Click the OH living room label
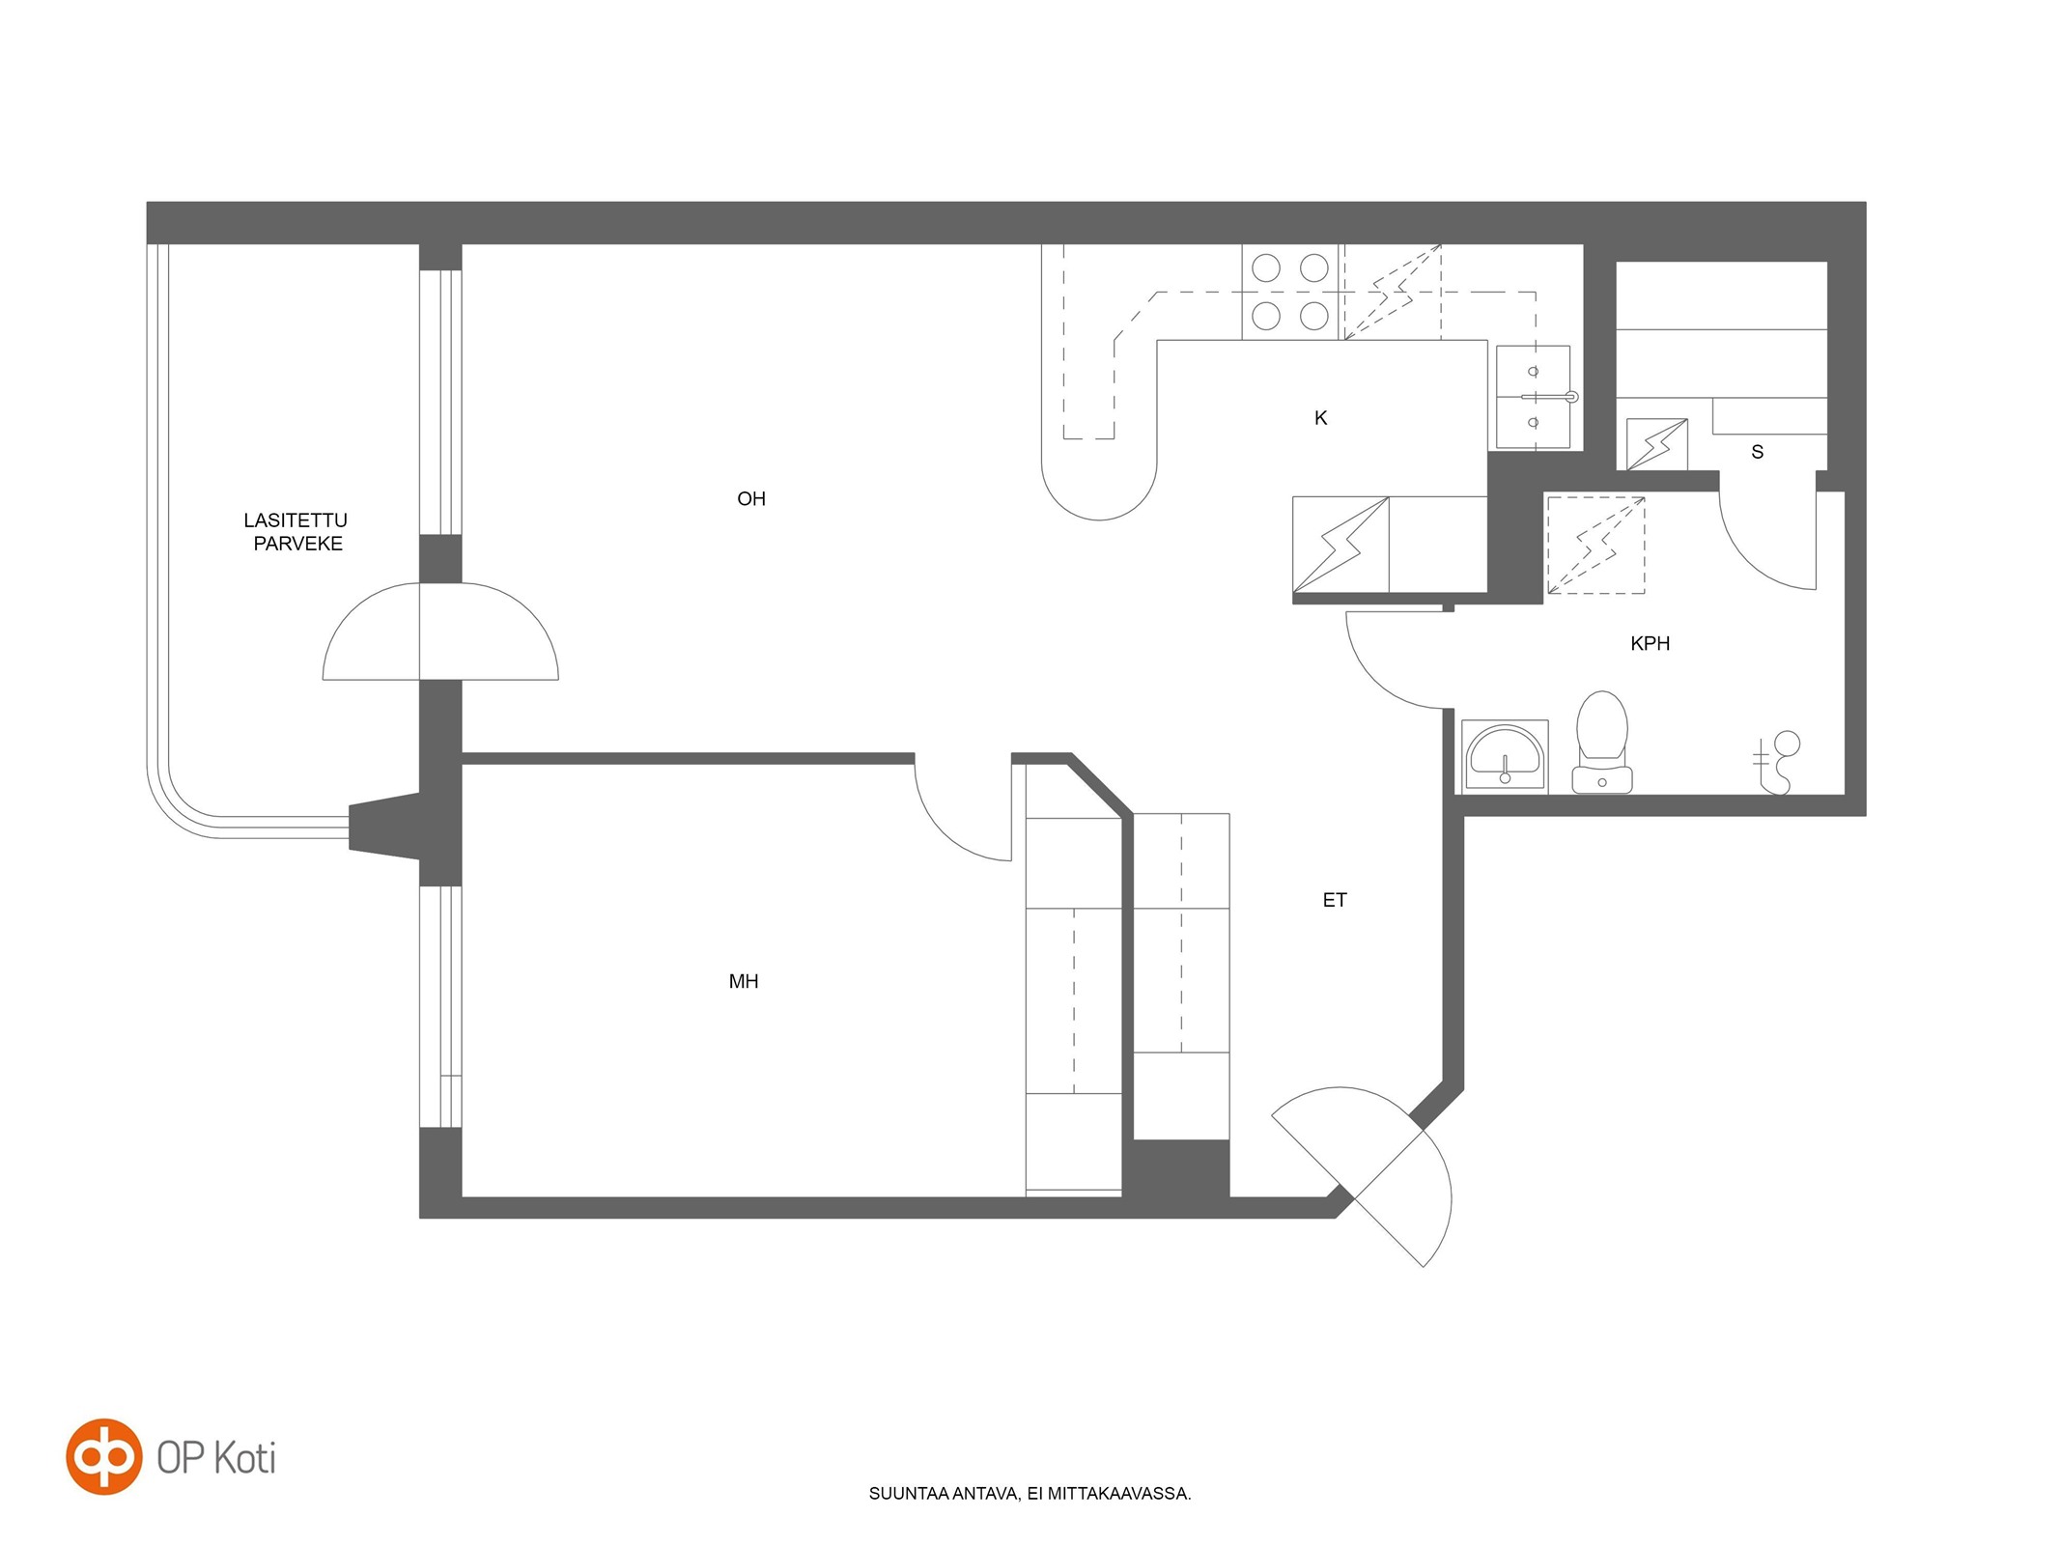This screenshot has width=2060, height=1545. click(750, 499)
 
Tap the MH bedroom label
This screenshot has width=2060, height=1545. click(743, 982)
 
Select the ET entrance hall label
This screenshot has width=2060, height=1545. click(1334, 900)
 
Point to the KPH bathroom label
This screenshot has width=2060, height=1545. click(1650, 643)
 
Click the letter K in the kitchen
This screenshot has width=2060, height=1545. click(1320, 418)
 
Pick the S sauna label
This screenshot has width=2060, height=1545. click(1757, 452)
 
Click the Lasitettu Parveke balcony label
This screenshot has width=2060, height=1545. click(296, 532)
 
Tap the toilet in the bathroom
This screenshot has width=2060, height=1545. click(1601, 742)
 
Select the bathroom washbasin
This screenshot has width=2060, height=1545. click(1505, 756)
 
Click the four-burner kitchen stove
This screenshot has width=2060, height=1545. click(1290, 292)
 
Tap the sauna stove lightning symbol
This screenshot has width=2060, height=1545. click(1657, 444)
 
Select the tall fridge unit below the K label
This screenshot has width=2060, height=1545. click(1340, 546)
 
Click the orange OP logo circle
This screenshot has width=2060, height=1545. click(104, 1457)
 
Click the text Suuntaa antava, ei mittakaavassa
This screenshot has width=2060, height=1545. click(1030, 1494)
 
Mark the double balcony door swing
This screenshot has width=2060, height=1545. click(440, 632)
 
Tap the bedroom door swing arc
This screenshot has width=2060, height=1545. click(946, 829)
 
